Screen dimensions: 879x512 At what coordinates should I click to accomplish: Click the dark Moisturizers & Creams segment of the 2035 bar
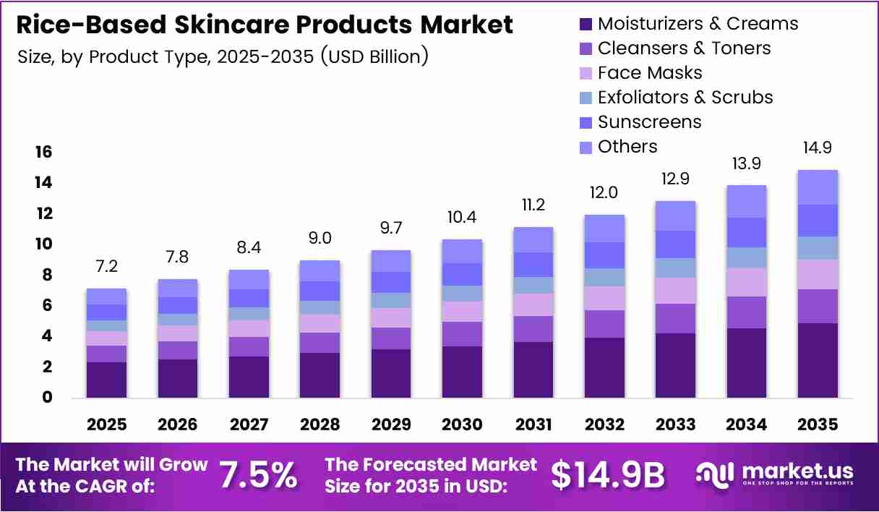pos(818,360)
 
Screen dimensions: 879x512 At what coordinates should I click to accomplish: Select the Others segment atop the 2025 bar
pos(107,296)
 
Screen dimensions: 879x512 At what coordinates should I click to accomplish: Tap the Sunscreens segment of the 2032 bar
pos(605,255)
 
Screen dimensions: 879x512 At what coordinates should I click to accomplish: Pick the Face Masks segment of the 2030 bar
pos(462,312)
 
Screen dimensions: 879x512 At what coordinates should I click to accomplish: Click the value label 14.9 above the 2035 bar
pos(818,148)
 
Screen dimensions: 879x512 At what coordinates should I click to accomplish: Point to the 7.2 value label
pos(107,266)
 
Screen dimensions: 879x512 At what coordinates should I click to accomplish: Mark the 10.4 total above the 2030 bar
pos(462,217)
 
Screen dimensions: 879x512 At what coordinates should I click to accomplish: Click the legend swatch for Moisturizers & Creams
pos(586,24)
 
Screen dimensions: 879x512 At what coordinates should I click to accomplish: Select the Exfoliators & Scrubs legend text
pos(685,97)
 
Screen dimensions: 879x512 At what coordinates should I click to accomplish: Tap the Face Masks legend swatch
pos(586,73)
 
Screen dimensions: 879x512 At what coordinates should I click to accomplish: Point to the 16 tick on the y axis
pos(43,152)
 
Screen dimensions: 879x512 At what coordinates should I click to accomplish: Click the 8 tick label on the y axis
pos(47,275)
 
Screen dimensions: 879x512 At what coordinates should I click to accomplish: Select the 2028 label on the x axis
pos(320,424)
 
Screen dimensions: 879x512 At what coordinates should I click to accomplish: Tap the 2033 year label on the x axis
pos(675,424)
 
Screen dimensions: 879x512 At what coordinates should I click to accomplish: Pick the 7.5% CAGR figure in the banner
pos(258,476)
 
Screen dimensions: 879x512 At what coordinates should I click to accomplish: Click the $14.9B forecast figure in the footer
pos(608,476)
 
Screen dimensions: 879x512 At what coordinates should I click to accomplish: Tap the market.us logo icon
pos(715,476)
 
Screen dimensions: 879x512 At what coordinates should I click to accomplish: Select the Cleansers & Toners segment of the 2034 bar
pos(747,312)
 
